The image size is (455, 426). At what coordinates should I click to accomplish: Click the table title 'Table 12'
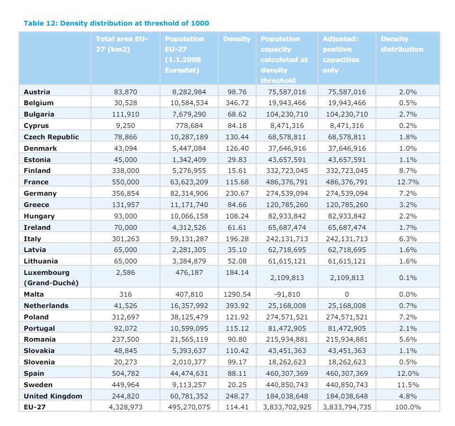(x=116, y=23)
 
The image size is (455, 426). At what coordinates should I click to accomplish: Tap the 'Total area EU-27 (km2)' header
(x=122, y=44)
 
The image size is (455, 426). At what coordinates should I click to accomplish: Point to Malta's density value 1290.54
(x=236, y=294)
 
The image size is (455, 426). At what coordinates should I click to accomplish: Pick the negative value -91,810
(x=287, y=294)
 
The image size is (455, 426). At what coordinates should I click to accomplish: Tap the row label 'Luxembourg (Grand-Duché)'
(x=51, y=278)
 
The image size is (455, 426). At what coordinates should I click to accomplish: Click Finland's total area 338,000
(x=125, y=171)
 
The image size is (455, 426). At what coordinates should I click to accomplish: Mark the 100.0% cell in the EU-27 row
(x=408, y=407)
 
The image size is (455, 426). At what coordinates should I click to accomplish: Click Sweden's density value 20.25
(x=236, y=385)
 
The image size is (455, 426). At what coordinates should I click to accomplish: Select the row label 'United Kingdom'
(x=53, y=396)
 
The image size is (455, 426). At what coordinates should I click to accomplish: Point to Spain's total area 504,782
(x=125, y=373)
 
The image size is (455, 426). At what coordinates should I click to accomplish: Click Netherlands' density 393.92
(x=236, y=306)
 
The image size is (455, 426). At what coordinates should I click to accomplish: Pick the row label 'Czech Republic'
(x=51, y=137)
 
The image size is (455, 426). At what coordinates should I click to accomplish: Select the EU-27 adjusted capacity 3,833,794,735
(x=347, y=407)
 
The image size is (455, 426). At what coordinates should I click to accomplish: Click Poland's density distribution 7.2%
(x=408, y=317)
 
